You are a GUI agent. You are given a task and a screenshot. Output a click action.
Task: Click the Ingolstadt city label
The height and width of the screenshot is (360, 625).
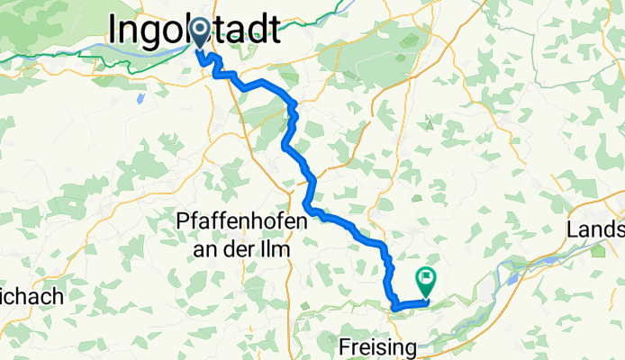[194, 30]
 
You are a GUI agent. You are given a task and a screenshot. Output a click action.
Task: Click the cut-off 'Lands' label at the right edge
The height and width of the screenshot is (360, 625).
[596, 229]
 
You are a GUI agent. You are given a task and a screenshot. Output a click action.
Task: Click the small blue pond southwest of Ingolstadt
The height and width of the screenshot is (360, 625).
[140, 96]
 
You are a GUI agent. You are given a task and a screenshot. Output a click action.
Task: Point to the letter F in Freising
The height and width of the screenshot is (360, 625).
[346, 346]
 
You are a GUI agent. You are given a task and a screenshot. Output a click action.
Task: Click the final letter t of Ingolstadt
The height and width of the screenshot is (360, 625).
[272, 30]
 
